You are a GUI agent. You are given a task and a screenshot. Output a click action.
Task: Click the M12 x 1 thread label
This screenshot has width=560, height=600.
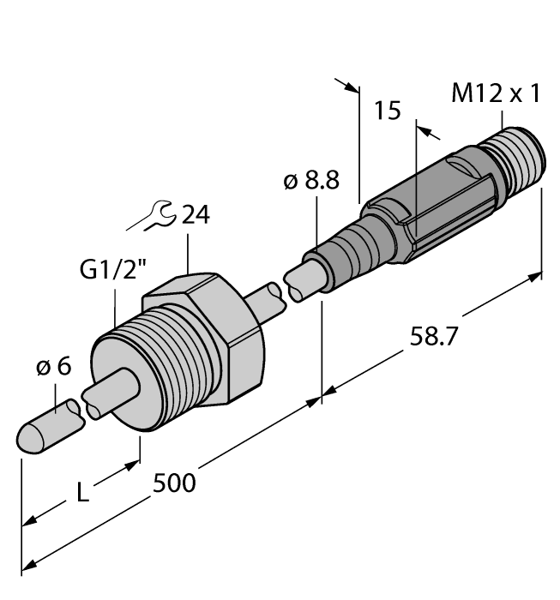pos(496,94)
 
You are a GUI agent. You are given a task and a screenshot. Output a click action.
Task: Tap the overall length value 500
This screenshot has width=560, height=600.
pos(174,483)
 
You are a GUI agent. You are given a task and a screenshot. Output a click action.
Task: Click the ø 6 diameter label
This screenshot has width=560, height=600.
pos(53,369)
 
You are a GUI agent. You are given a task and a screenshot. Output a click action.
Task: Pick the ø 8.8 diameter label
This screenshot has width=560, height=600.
pos(310,181)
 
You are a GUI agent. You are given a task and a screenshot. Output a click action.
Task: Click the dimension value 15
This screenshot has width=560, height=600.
pos(388,112)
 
